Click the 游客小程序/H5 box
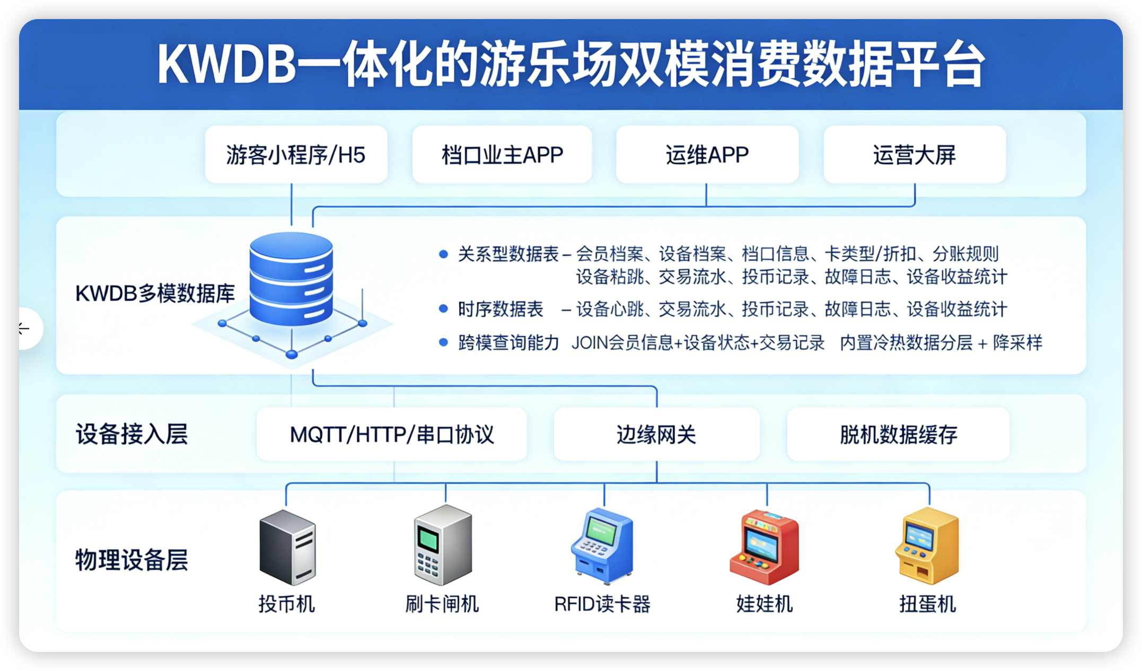pyautogui.click(x=296, y=155)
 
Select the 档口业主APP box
pyautogui.click(x=502, y=155)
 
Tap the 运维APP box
pyautogui.click(x=707, y=155)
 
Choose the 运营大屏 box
pyautogui.click(x=915, y=155)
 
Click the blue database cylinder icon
pyautogui.click(x=291, y=278)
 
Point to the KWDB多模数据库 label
pyautogui.click(x=155, y=293)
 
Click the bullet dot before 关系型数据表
pyautogui.click(x=444, y=254)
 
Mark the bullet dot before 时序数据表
pyautogui.click(x=444, y=309)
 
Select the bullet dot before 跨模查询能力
pyautogui.click(x=444, y=342)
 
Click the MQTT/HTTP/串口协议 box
pyautogui.click(x=392, y=434)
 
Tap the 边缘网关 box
pyautogui.click(x=656, y=434)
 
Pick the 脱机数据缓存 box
pyautogui.click(x=898, y=434)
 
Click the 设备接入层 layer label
pyautogui.click(x=131, y=434)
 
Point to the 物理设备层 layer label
pyautogui.click(x=131, y=560)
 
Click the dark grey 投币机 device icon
pyautogui.click(x=287, y=547)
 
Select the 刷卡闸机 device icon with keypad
pyautogui.click(x=443, y=545)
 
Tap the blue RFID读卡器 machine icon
pyautogui.click(x=603, y=546)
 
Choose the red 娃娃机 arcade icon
pyautogui.click(x=764, y=547)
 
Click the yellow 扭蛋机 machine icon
pyautogui.click(x=927, y=546)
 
